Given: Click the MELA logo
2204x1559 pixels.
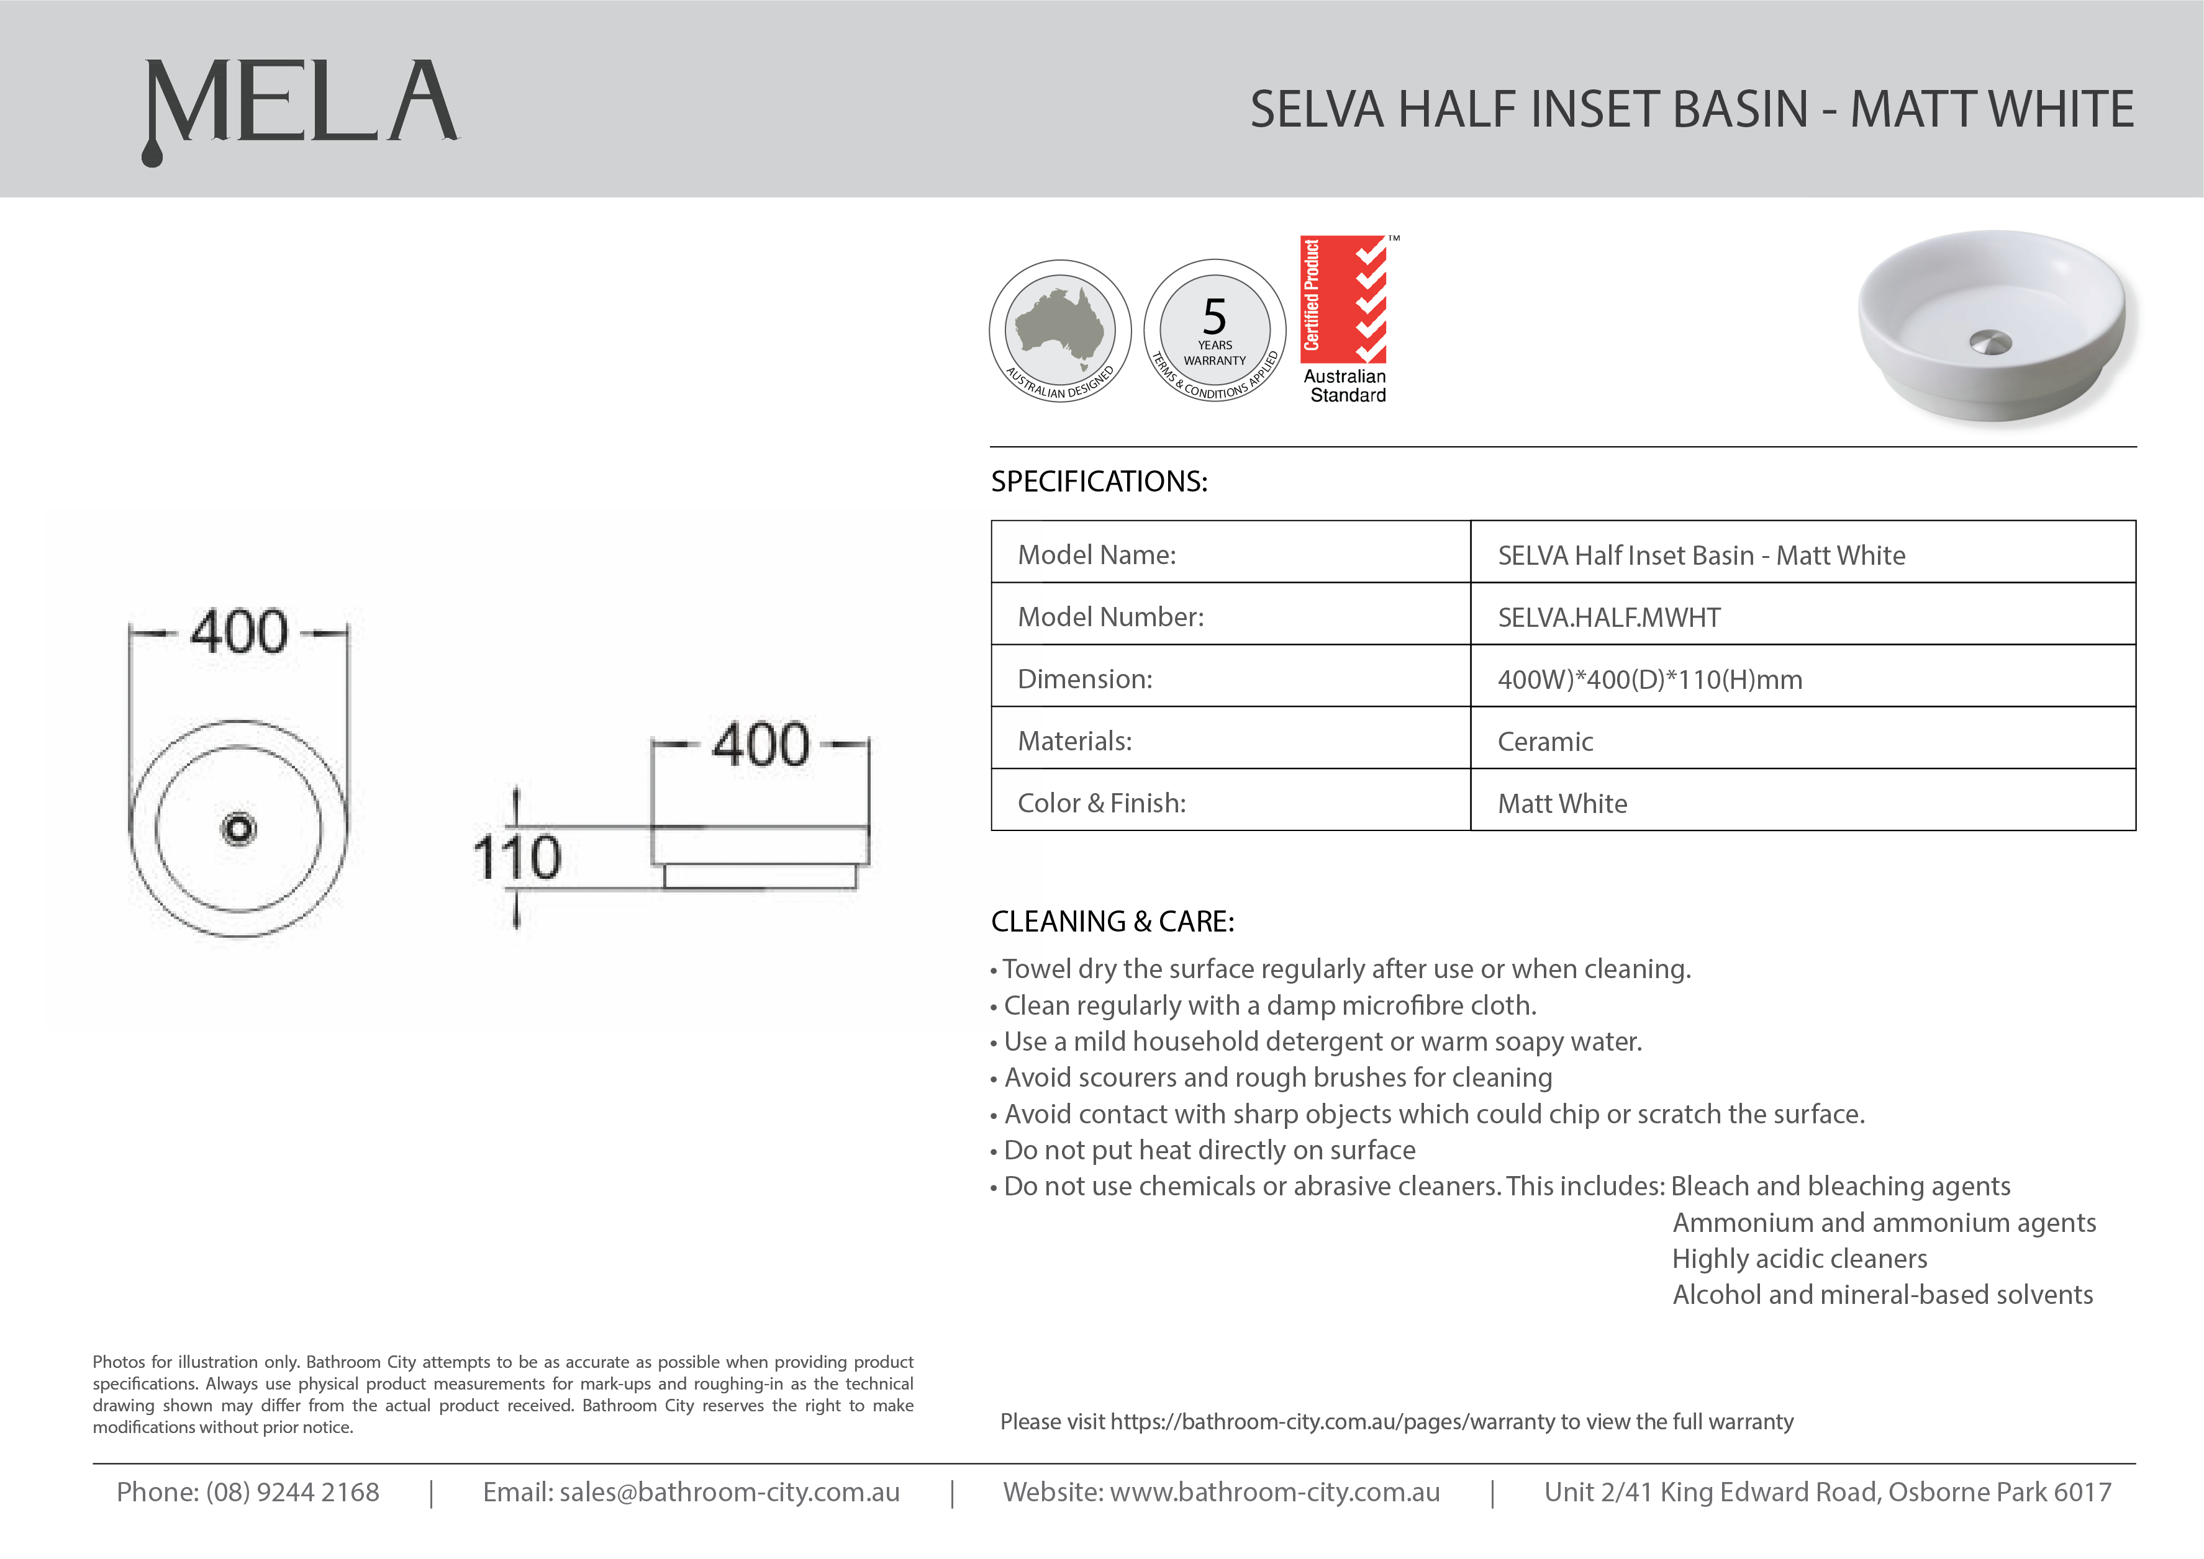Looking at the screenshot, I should (301, 107).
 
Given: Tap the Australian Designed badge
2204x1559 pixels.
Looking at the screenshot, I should (1060, 330).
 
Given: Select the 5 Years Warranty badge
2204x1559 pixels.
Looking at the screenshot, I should (1215, 330).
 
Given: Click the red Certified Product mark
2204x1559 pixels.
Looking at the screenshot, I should (1343, 299).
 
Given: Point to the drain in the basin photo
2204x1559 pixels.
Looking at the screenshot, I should (1990, 343).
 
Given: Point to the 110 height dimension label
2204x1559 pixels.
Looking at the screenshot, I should (517, 857).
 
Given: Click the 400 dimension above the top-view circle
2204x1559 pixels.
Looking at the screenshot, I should (239, 632).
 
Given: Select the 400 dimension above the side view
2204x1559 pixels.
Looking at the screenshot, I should (761, 744).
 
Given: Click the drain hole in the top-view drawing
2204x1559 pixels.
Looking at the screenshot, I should (238, 829).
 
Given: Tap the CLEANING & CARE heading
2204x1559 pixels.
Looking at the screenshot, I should (1112, 922).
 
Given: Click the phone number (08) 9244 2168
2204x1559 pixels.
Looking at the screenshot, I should (292, 1492).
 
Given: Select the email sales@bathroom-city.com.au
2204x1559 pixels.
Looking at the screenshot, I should (729, 1492).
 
